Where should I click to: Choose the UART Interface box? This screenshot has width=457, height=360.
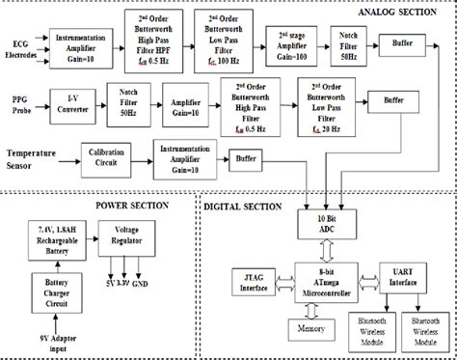point(397,282)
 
